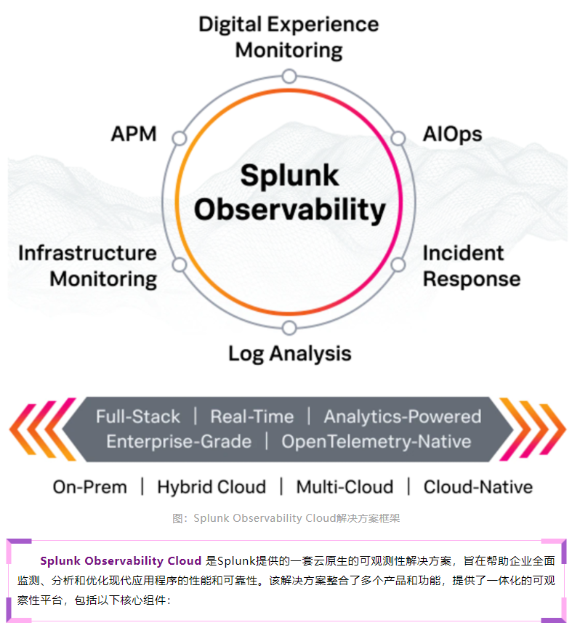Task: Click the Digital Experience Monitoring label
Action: point(289,37)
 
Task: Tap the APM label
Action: point(134,134)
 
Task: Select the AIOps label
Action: point(453,134)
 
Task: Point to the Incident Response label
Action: point(472,266)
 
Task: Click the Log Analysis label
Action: point(289,354)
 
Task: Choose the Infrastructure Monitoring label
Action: point(87,266)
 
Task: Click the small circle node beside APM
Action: point(180,139)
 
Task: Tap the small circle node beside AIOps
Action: point(398,139)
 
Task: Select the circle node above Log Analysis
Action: point(289,328)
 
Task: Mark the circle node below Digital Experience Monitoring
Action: point(289,76)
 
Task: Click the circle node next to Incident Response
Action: point(398,265)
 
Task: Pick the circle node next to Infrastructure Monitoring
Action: point(180,265)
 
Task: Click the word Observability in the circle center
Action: point(289,210)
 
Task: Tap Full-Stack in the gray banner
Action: point(138,416)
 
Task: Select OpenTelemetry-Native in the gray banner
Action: point(376,442)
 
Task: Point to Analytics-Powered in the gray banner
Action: point(403,417)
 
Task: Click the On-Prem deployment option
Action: point(89,487)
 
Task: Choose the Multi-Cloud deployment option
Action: point(345,487)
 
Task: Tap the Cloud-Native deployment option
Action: point(478,487)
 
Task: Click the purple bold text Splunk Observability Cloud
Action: point(121,560)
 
